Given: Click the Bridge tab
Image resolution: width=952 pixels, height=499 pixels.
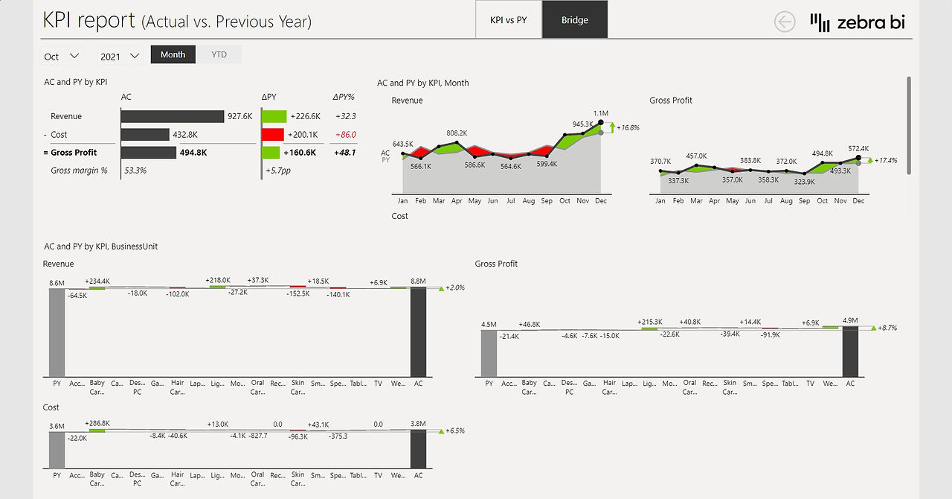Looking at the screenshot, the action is (575, 19).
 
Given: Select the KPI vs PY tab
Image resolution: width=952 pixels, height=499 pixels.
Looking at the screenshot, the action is (508, 19).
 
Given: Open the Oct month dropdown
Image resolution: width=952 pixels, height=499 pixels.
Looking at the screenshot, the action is (62, 56).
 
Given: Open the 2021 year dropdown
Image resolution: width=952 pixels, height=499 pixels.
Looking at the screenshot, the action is (120, 56).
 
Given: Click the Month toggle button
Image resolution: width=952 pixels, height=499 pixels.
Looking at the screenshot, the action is (173, 54).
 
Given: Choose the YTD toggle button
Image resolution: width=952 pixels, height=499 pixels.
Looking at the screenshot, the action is (219, 54).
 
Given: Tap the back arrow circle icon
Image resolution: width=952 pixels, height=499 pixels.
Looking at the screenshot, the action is (785, 22).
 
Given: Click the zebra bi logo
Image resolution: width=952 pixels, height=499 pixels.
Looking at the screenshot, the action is (858, 22).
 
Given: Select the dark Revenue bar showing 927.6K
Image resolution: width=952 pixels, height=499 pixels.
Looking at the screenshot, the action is (173, 116).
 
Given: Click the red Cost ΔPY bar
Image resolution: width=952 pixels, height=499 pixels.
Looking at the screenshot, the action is (273, 135).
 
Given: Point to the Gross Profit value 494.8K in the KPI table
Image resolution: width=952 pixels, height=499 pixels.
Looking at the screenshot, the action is (193, 153).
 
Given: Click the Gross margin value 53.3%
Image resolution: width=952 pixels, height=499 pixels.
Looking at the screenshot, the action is (135, 171).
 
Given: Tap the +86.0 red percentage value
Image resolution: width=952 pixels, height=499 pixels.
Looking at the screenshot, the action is (346, 135).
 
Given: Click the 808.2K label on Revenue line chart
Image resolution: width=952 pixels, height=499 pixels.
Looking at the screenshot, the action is (457, 133).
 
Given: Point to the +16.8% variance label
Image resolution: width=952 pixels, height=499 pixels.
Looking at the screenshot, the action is (628, 127).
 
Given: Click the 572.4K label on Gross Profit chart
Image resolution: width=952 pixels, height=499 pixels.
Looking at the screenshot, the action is (858, 148).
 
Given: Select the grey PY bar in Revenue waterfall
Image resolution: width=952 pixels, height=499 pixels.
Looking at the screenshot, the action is (57, 332).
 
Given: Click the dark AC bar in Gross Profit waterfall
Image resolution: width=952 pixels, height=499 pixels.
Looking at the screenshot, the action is (850, 352).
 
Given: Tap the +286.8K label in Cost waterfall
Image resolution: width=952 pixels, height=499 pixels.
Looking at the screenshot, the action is (97, 423).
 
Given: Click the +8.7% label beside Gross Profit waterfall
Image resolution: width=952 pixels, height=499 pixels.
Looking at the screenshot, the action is (887, 328).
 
